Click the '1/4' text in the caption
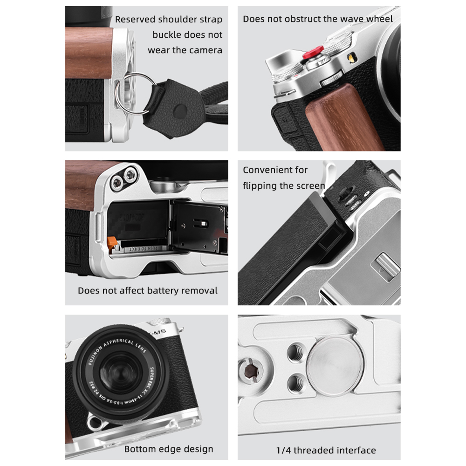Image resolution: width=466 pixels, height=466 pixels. pyautogui.click(x=283, y=450)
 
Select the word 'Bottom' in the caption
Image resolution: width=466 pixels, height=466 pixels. pyautogui.click(x=139, y=449)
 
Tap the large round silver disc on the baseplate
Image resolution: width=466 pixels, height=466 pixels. pyautogui.click(x=336, y=366)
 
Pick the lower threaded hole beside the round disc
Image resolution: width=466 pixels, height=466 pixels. pyautogui.click(x=296, y=382)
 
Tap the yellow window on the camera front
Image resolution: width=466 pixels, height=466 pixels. pyautogui.click(x=352, y=57)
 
